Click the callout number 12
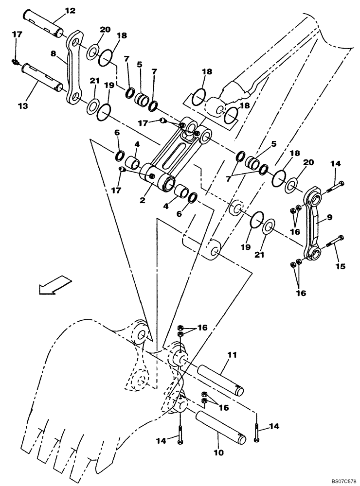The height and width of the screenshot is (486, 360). [70, 10]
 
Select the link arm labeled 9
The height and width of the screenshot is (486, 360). [311, 226]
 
